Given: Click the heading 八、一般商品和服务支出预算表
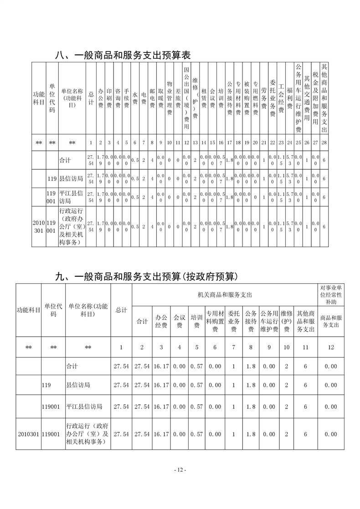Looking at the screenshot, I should point(122,55).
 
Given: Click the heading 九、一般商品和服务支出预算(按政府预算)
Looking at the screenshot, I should point(147,276).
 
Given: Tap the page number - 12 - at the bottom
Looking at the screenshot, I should point(180,470).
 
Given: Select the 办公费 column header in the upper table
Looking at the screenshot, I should point(101,98).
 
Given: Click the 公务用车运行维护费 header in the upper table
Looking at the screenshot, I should point(298,98).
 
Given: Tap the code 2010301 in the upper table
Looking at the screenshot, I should point(39,227).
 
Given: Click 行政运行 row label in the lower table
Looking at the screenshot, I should point(87,434).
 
